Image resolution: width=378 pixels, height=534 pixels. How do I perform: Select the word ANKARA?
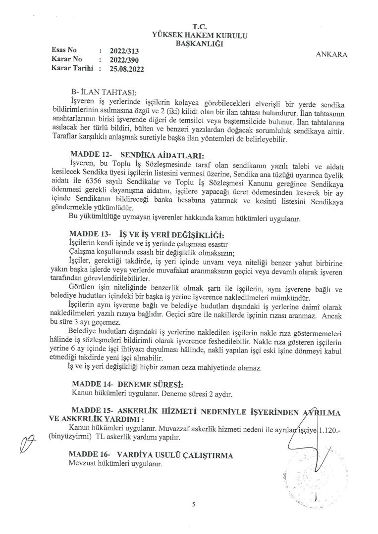tap(331, 55)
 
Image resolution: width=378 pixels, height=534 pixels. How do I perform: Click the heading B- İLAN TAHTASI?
tap(102, 92)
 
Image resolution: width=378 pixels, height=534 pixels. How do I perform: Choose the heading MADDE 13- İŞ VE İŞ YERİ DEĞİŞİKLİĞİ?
tap(147, 233)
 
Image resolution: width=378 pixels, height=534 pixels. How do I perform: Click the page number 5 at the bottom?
tap(194, 504)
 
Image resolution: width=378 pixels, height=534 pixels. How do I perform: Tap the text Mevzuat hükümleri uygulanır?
tap(115, 464)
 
